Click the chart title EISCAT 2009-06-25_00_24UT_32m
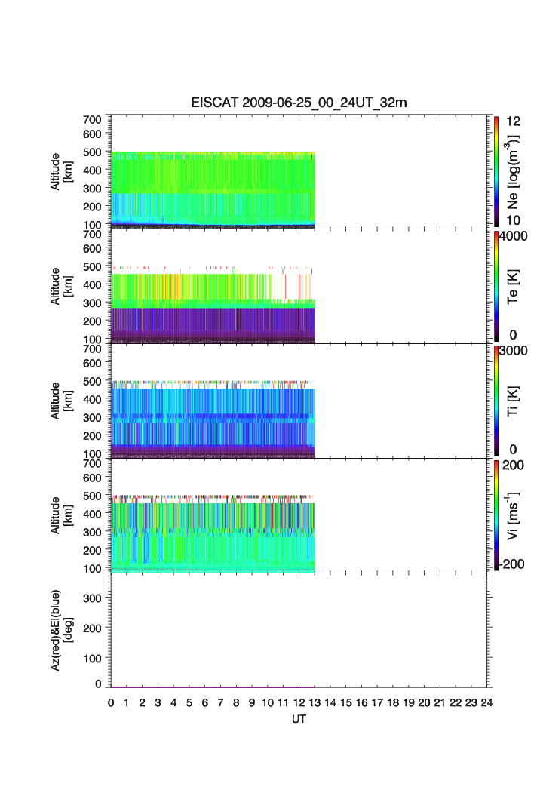point(299,103)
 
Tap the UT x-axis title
point(299,719)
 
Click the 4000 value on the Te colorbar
point(512,236)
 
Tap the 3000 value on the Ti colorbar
point(512,351)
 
